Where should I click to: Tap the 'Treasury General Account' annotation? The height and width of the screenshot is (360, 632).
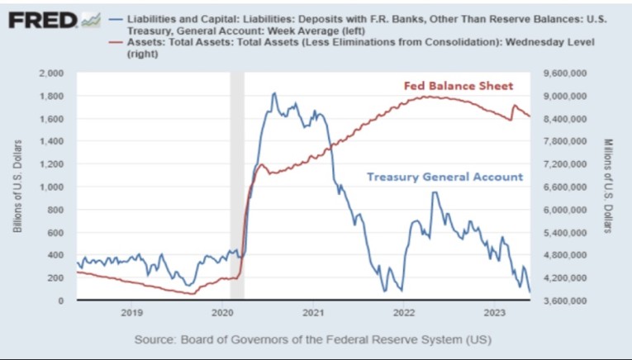(444, 176)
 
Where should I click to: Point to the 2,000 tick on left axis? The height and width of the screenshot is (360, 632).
(52, 73)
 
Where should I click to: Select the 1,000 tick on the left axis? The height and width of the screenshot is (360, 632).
(52, 187)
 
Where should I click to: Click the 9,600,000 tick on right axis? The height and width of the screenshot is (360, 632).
(565, 73)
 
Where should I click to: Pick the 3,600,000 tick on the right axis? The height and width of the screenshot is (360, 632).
(565, 301)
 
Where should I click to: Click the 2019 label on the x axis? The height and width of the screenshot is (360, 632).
(132, 314)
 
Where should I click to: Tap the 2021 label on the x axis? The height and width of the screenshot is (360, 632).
(313, 314)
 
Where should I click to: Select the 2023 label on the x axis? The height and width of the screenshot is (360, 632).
(494, 314)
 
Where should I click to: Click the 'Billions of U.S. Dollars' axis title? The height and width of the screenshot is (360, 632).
(17, 187)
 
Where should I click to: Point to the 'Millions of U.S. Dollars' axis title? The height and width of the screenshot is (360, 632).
(609, 187)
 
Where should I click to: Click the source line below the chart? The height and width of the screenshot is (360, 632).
(315, 339)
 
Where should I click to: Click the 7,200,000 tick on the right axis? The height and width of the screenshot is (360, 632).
(565, 164)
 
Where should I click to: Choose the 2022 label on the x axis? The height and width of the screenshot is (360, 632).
(404, 314)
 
